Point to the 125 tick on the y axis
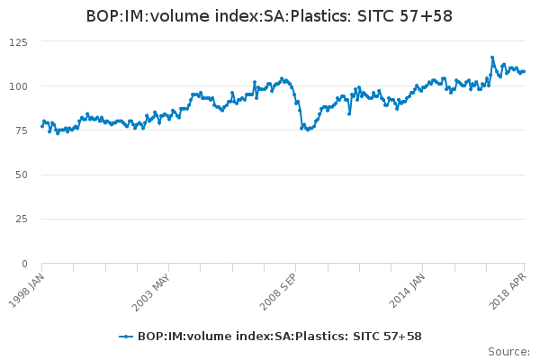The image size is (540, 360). point(18,42)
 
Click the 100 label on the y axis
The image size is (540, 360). point(18,86)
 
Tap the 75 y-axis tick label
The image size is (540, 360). point(21,130)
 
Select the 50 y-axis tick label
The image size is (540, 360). point(21,175)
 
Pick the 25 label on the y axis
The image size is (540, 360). point(21,220)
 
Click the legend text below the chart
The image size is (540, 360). point(280,337)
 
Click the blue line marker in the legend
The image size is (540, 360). point(126,337)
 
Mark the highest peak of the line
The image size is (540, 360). point(492,58)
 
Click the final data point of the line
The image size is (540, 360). point(524,71)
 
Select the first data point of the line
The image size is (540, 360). point(41,126)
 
